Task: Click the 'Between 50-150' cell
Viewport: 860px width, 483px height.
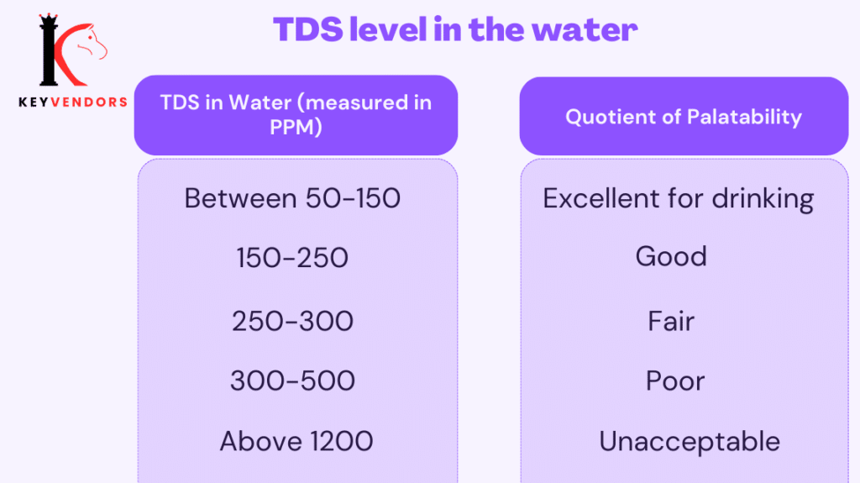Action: click(292, 198)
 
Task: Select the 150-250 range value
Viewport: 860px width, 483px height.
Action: click(292, 258)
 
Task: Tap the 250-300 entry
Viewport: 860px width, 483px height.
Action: click(292, 321)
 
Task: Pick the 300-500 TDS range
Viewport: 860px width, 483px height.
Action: click(292, 381)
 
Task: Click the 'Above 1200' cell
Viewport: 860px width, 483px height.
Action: click(296, 441)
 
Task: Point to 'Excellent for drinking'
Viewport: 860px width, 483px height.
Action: click(679, 199)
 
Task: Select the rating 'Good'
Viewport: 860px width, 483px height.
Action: click(671, 256)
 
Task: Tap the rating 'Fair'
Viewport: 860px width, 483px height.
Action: click(671, 321)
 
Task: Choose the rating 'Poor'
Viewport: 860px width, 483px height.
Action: click(675, 381)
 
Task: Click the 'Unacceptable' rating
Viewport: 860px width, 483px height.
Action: click(690, 442)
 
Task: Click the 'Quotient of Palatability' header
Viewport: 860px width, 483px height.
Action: click(684, 117)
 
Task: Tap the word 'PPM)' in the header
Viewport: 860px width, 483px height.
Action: click(296, 127)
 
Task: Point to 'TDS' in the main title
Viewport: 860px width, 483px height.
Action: click(308, 29)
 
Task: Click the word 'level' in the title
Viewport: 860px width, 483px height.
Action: click(388, 29)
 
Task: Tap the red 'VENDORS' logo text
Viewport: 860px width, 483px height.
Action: click(89, 102)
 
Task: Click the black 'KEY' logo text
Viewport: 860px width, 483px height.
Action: click(34, 102)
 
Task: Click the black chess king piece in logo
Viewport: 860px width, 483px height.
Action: click(48, 50)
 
